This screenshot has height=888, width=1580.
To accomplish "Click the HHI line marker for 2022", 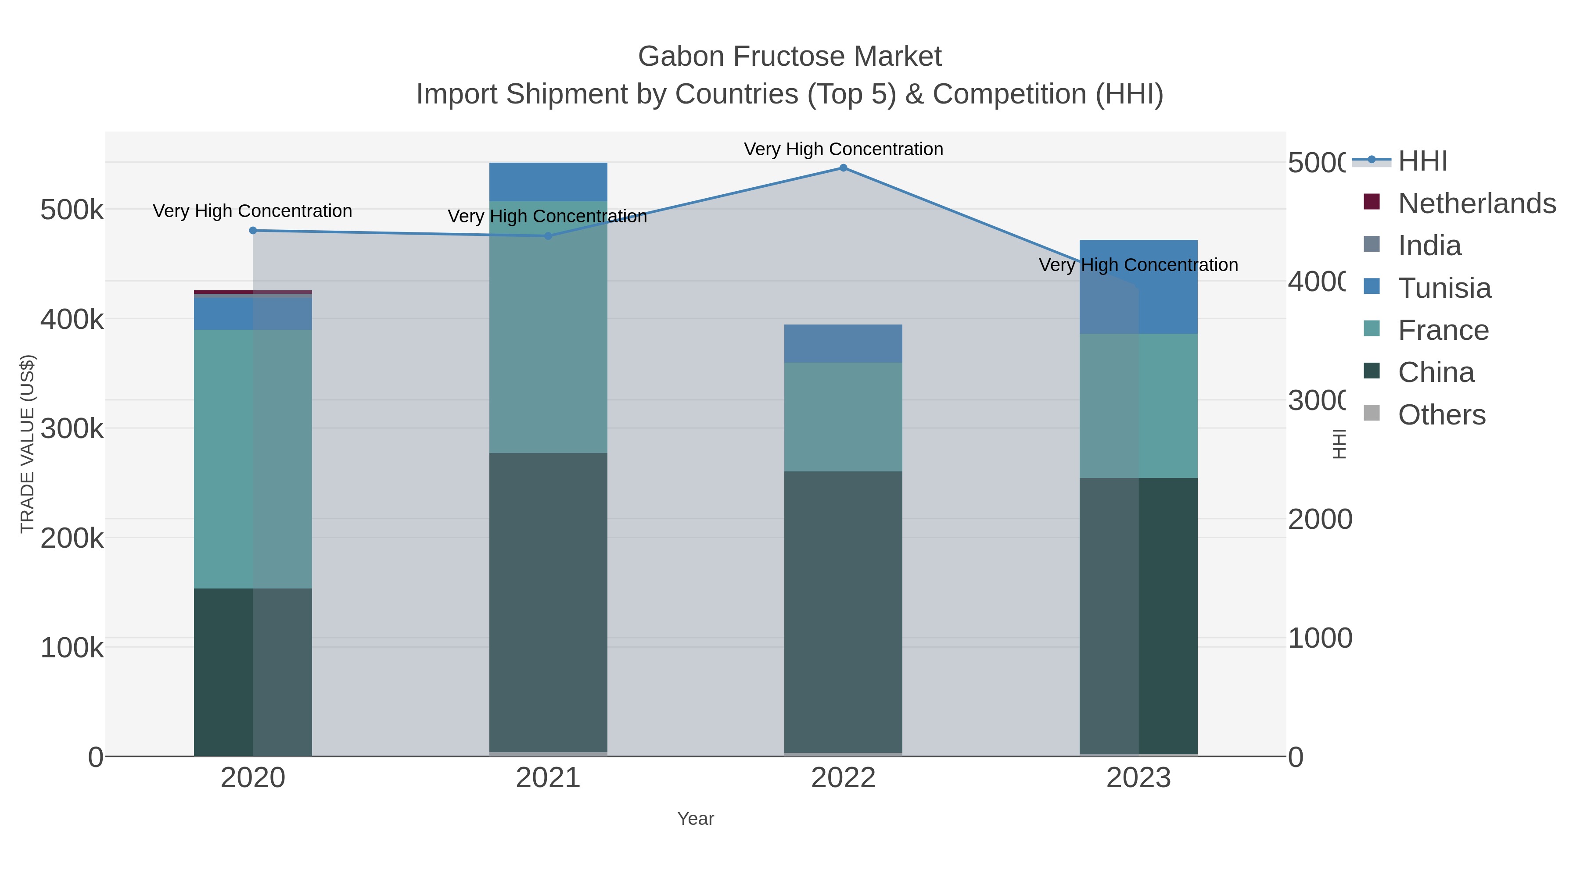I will (844, 168).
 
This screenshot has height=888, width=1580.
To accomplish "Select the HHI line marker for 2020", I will (253, 230).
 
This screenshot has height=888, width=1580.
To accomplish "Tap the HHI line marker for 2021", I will (548, 236).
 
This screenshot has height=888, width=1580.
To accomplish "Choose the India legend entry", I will (1429, 246).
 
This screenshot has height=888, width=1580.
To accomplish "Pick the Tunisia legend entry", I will (1444, 288).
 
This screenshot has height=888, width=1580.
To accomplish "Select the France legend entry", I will (1443, 330).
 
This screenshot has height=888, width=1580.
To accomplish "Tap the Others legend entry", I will (1441, 415).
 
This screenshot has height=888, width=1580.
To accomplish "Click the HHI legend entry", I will (1422, 161).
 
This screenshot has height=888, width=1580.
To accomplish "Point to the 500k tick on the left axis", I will (72, 210).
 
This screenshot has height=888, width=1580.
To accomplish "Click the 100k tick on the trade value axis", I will (72, 648).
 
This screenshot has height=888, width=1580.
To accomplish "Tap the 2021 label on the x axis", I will (548, 778).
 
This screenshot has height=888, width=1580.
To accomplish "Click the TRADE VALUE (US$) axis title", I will (28, 444).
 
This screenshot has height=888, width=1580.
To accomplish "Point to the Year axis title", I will (696, 819).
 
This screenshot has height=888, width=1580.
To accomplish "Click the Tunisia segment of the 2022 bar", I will (844, 344).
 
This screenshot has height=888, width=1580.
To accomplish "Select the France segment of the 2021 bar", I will (548, 327).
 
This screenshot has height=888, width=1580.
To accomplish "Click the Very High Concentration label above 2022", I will (844, 150).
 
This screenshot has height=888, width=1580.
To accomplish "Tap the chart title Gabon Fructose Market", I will (790, 57).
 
